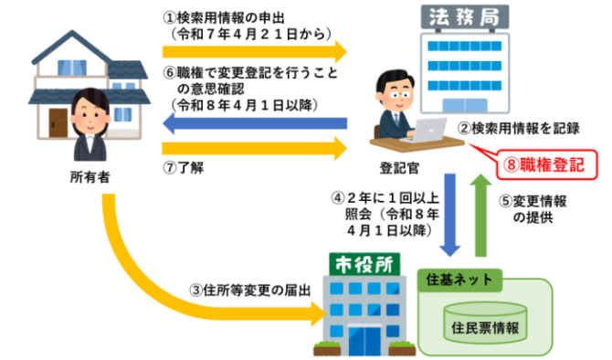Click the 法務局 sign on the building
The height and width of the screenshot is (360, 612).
(464, 17)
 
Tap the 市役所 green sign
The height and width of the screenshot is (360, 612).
(364, 264)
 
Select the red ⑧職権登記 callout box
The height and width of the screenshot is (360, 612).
(546, 164)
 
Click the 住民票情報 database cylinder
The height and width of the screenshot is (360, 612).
(485, 323)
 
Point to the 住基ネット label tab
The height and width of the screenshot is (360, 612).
(459, 280)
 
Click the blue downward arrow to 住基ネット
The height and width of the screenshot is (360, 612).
(450, 215)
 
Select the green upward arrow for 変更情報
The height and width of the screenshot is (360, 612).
(480, 215)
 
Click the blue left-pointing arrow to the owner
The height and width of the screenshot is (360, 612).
(255, 123)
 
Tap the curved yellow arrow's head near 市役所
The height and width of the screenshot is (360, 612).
(320, 313)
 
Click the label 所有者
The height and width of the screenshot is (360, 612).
(90, 177)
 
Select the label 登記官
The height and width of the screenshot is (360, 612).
(399, 168)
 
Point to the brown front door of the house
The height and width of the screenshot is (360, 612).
(58, 122)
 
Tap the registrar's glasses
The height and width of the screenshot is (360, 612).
(399, 95)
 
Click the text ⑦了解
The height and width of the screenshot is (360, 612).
(183, 167)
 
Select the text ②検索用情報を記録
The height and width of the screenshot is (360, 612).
(519, 128)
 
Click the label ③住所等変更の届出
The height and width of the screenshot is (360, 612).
(250, 291)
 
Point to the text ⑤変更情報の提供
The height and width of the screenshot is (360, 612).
(533, 209)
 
